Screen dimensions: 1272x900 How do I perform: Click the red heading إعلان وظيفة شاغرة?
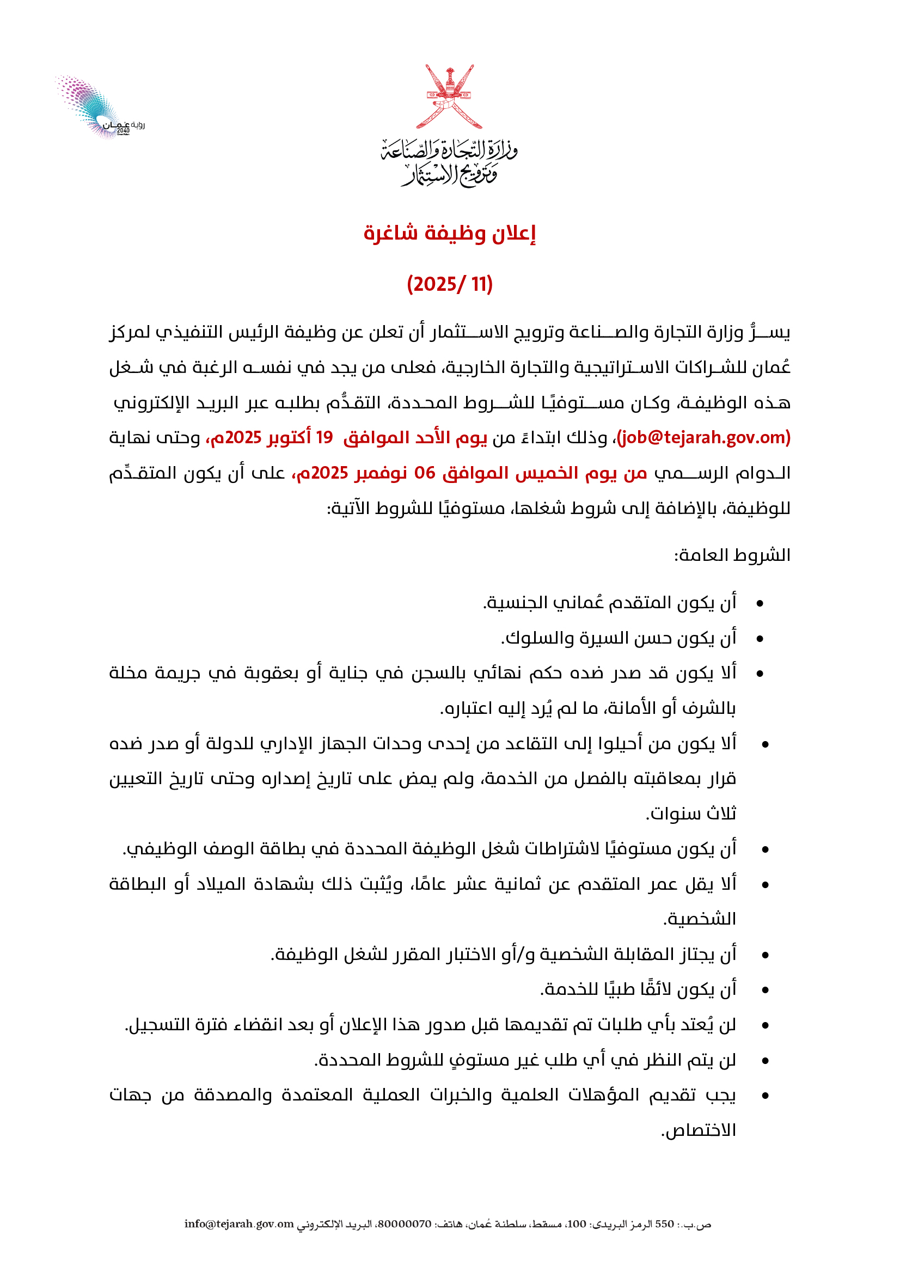[449, 234]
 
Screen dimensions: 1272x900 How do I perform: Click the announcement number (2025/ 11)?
[449, 284]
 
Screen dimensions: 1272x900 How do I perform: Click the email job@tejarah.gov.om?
[703, 438]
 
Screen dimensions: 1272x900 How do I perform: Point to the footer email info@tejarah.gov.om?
[239, 1224]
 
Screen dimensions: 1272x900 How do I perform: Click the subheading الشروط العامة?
[732, 555]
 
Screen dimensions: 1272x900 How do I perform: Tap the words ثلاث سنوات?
[691, 814]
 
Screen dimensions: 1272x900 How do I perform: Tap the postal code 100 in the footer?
[577, 1224]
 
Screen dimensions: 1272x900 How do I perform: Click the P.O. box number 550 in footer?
[664, 1224]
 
